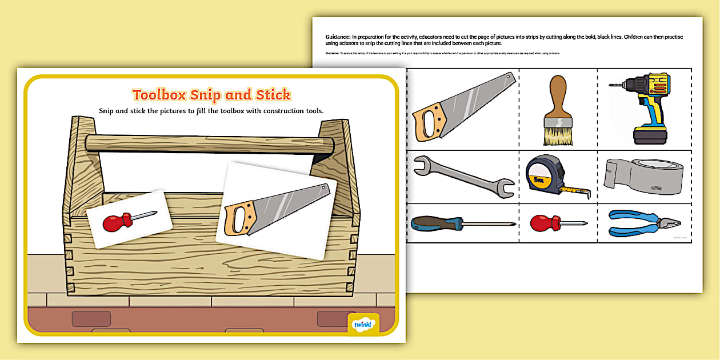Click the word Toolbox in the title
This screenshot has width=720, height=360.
pyautogui.click(x=159, y=95)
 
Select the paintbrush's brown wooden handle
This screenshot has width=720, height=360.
pyautogui.click(x=558, y=95)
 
